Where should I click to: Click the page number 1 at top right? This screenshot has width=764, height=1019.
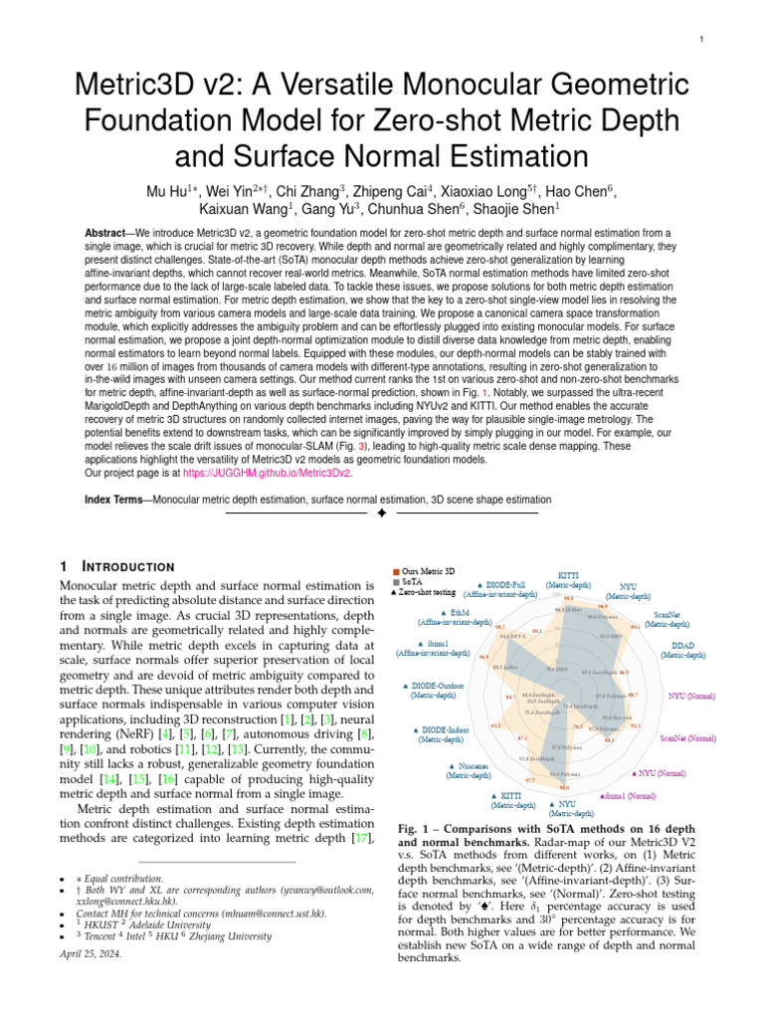coord(702,40)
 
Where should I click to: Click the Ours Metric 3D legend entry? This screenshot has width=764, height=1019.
coord(433,571)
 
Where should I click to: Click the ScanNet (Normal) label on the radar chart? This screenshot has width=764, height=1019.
coord(686,739)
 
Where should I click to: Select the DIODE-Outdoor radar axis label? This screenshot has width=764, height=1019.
coord(438,691)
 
